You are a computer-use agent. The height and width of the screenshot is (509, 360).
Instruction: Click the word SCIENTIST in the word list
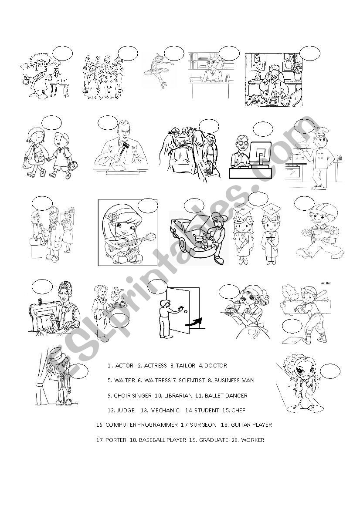[192, 381]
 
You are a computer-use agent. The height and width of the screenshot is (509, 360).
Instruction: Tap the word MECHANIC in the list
[164, 411]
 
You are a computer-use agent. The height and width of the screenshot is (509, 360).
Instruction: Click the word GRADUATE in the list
[214, 440]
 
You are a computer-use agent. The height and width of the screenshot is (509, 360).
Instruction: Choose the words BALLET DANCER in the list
[225, 396]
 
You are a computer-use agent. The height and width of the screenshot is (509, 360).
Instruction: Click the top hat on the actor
[59, 355]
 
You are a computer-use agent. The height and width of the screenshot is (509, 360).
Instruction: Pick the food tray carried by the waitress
[233, 310]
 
